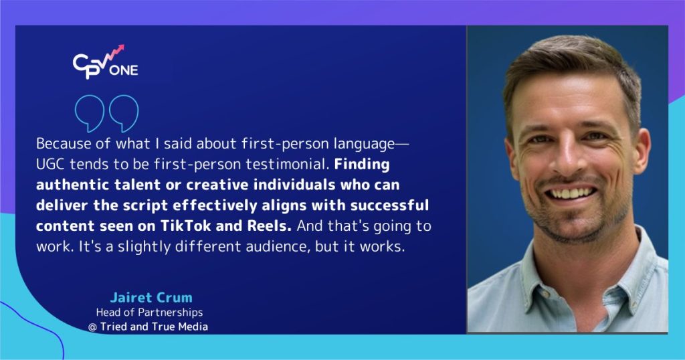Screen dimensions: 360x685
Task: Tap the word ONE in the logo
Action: click(126, 70)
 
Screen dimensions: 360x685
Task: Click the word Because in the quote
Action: click(61, 145)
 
